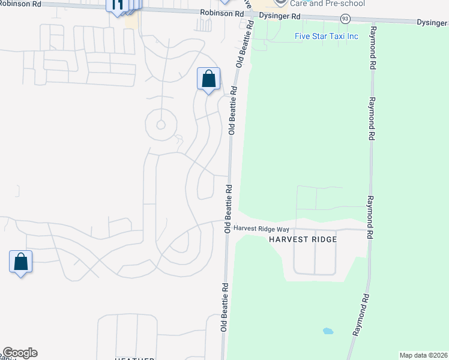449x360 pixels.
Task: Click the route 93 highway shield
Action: click(x=345, y=19)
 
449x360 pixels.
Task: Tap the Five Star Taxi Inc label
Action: click(x=326, y=36)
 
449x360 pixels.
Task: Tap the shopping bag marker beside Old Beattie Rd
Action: click(x=208, y=79)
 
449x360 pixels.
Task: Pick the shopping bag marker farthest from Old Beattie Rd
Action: click(x=20, y=262)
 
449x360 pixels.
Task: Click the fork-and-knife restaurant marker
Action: click(x=117, y=5)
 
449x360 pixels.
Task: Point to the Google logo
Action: click(x=20, y=353)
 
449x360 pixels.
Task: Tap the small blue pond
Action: click(x=327, y=331)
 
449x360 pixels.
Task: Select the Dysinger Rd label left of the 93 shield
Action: click(x=280, y=17)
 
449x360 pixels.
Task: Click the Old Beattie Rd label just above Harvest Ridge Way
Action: click(x=229, y=208)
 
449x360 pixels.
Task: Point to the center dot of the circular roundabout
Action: click(x=160, y=125)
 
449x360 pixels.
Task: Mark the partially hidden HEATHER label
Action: click(x=134, y=358)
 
